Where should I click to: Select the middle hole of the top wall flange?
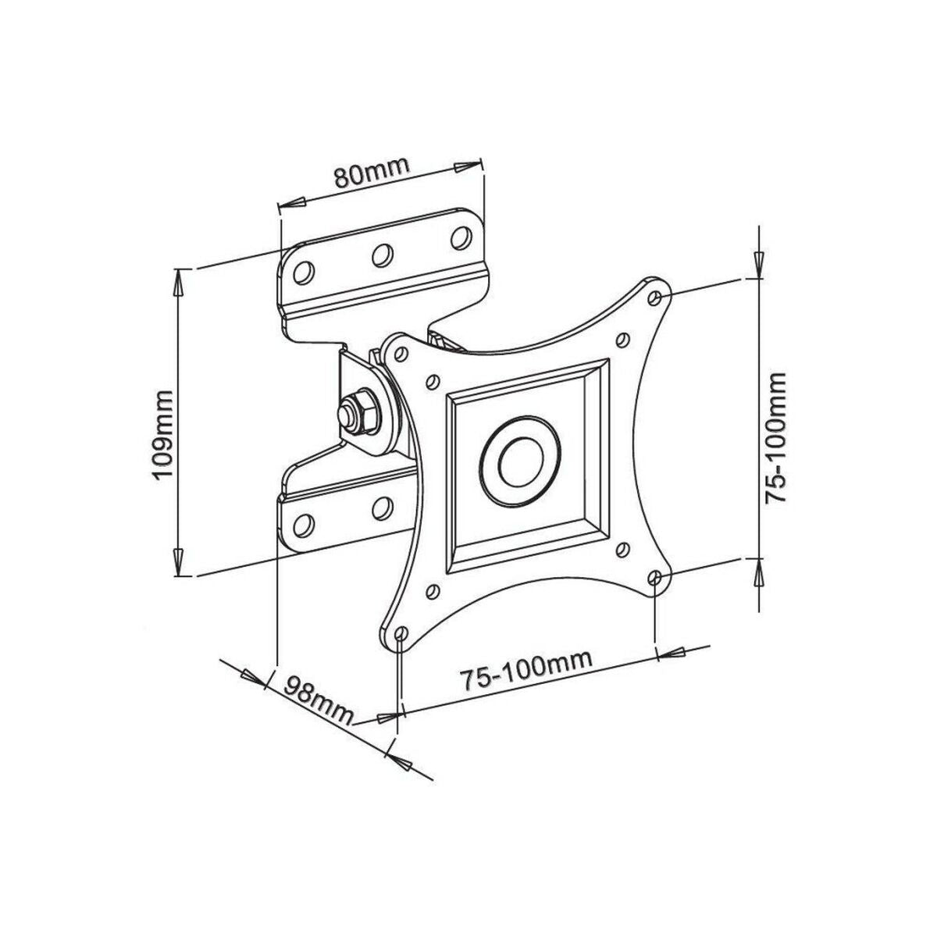point(382,255)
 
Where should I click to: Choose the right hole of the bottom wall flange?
point(382,507)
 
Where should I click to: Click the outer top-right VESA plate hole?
point(655,297)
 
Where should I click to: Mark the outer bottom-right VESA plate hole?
point(656,578)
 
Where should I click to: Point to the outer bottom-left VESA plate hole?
point(401,633)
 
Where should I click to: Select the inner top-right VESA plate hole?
point(622,340)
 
